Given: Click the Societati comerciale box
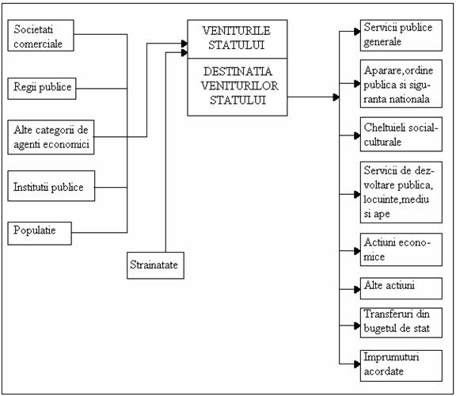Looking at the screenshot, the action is [x=40, y=36].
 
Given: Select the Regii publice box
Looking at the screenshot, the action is [x=42, y=89].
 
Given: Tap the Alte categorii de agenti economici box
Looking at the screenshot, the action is [x=51, y=137].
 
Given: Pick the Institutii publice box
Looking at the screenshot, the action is [x=51, y=186].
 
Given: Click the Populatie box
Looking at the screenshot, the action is [x=40, y=234].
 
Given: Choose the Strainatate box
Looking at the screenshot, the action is [x=156, y=265].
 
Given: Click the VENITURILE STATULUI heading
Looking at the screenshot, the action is [x=237, y=38].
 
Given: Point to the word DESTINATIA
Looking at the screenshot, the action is [x=237, y=71].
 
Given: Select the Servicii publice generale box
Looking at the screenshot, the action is [x=401, y=36].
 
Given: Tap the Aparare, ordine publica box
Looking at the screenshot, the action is [x=401, y=84].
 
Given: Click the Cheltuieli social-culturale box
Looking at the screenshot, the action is [x=401, y=135].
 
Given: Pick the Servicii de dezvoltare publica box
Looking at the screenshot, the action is [x=401, y=192].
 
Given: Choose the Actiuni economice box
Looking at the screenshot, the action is [x=401, y=249].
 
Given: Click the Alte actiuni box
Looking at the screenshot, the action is [x=401, y=288].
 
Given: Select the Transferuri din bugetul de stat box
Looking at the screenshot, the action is [x=401, y=322].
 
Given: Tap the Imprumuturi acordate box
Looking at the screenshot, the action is [x=401, y=366].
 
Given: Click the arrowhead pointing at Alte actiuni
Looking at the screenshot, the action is [x=357, y=289].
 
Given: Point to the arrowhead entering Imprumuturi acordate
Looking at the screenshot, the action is [x=357, y=364].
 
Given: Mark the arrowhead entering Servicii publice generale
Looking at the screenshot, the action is [x=357, y=32].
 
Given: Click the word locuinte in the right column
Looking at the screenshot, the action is [x=381, y=200].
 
